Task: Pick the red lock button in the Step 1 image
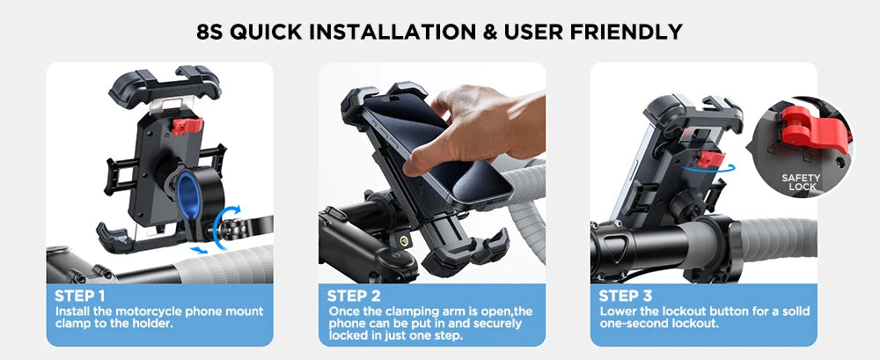pyautogui.click(x=186, y=124)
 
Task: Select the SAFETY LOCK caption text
pyautogui.click(x=800, y=182)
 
